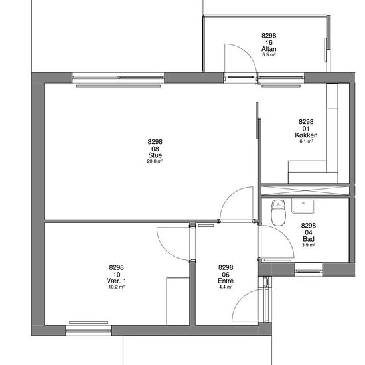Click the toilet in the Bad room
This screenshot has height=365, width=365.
click(x=278, y=213)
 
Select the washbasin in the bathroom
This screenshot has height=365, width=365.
click(x=303, y=206)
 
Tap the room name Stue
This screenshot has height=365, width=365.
click(x=155, y=155)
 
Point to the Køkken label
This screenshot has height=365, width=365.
click(x=306, y=135)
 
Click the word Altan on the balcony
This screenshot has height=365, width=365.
click(x=269, y=49)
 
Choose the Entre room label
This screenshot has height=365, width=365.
click(x=226, y=281)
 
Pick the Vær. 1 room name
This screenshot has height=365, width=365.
click(x=116, y=281)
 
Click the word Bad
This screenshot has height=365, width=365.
click(x=309, y=239)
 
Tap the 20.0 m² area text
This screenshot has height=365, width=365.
click(x=155, y=161)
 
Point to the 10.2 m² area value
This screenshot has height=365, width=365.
click(x=116, y=287)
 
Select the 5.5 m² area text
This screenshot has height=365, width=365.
click(x=269, y=55)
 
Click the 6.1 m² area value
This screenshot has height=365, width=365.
click(x=306, y=141)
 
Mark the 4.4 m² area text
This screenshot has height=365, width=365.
click(x=226, y=287)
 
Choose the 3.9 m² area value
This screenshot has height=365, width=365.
click(x=309, y=245)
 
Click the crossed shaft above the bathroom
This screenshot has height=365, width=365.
click(x=305, y=190)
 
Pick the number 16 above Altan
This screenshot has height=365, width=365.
click(x=269, y=43)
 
